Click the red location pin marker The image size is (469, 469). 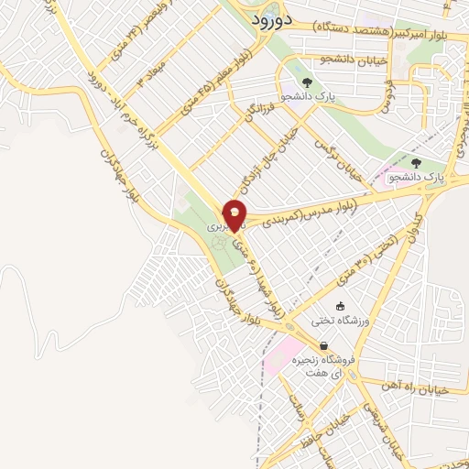point(235,214)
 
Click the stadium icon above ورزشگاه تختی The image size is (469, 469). point(341,306)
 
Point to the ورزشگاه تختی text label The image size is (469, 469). point(341,321)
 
